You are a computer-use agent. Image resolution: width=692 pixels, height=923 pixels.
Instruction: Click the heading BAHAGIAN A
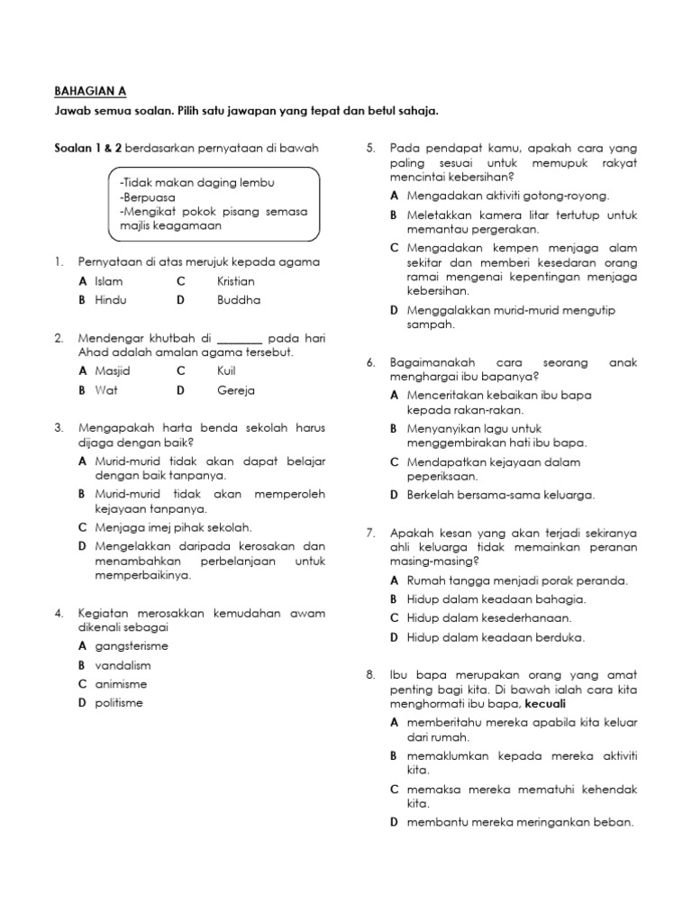pyautogui.click(x=87, y=91)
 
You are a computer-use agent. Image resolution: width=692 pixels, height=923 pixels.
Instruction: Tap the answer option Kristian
pyautogui.click(x=236, y=281)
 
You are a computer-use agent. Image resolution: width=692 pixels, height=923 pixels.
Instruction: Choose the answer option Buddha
pyautogui.click(x=238, y=299)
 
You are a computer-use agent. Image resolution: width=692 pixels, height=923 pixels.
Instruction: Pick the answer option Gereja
pyautogui.click(x=236, y=390)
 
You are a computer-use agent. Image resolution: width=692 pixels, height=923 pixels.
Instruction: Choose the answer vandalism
pyautogui.click(x=122, y=665)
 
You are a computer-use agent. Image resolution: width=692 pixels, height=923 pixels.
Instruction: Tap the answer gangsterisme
pyautogui.click(x=131, y=646)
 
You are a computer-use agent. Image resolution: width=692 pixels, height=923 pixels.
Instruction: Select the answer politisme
pyautogui.click(x=118, y=702)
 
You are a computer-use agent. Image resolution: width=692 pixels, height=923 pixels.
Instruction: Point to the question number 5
pyautogui.click(x=369, y=148)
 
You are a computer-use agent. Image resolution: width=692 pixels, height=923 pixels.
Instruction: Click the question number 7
pyautogui.click(x=369, y=533)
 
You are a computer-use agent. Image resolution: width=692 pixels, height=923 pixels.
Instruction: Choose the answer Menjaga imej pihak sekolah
pyautogui.click(x=173, y=527)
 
